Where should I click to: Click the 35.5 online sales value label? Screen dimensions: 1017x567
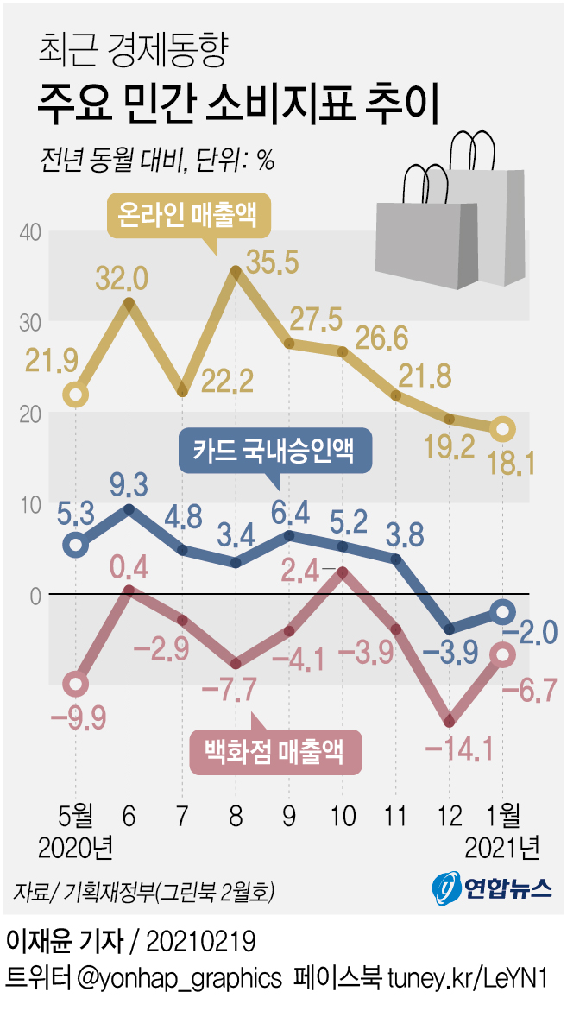(275, 260)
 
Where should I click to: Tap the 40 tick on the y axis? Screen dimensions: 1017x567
(31, 232)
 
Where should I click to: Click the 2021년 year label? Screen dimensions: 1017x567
(501, 848)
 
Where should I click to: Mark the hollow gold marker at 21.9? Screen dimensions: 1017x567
(76, 395)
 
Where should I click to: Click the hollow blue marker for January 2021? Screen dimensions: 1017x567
(502, 611)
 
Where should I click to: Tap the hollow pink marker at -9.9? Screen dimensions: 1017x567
(76, 684)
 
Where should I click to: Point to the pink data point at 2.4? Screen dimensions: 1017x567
(343, 572)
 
